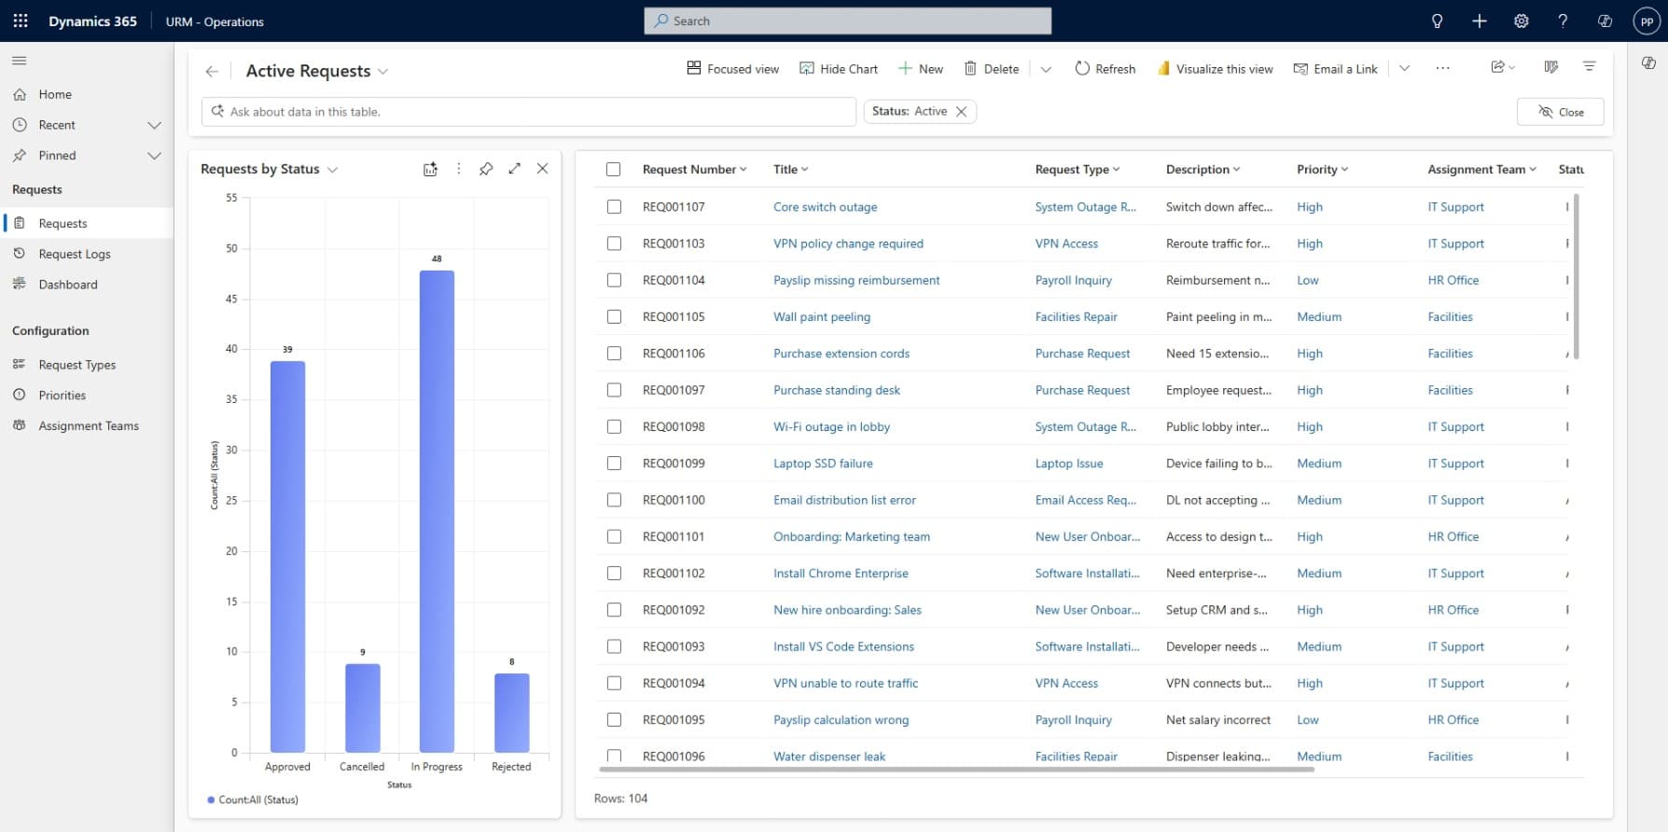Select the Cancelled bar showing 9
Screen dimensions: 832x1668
[362, 708]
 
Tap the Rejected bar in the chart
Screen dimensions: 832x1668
[511, 713]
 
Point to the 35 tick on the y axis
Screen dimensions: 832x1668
[231, 399]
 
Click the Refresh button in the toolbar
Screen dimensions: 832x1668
[1105, 69]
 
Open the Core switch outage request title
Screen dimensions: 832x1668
[825, 207]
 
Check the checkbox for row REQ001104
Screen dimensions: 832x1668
[614, 280]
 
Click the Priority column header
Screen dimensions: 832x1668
[1316, 169]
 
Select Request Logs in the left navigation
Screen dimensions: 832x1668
[75, 254]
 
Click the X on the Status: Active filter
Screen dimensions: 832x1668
[961, 111]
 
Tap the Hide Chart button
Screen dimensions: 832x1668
[839, 69]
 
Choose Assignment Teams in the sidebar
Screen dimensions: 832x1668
[89, 425]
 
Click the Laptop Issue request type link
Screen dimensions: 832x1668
[1069, 464]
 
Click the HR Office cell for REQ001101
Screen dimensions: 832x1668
[1453, 536]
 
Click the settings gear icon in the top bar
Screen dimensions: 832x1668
[1521, 21]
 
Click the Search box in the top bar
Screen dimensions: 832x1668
[847, 21]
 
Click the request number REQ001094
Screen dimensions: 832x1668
[674, 683]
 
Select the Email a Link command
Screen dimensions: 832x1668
[1335, 69]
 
